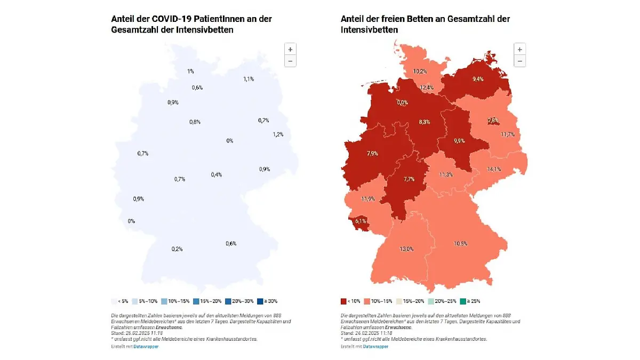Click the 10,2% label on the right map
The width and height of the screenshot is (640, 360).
coord(420,71)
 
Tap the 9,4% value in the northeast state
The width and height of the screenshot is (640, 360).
coord(478,79)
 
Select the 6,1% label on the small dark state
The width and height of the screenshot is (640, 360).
coord(360,221)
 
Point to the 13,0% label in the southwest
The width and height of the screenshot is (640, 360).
coord(406,249)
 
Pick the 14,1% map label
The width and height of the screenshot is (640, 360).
coord(494,170)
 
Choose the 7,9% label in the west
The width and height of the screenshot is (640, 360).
coord(372,154)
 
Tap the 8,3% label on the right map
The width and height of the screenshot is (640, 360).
coord(425,122)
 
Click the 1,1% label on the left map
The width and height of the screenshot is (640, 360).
coord(249,79)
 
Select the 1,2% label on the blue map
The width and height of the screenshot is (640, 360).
coord(278,134)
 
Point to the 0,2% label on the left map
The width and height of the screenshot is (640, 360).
coord(177,249)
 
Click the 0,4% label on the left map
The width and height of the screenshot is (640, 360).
coord(216,175)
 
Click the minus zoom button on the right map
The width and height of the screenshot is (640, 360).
coord(519,61)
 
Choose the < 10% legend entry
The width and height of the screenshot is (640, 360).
coord(351,301)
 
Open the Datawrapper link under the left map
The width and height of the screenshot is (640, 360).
coord(146,347)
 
